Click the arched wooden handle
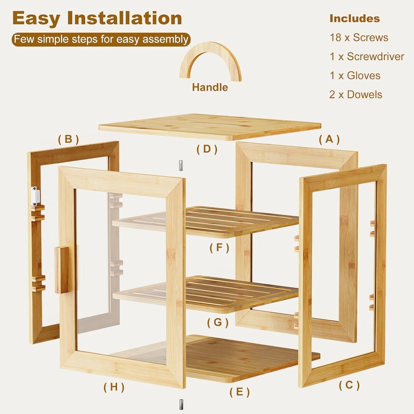coord(210,53)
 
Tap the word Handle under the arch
coord(210,87)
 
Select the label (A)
coord(329,139)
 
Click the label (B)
coord(68,139)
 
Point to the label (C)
coord(349,385)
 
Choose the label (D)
coord(207,149)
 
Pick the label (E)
coord(239,392)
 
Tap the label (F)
coord(220,247)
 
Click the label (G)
coord(218,323)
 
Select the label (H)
coord(114,387)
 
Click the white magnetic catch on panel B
coord(36,196)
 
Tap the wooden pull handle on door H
coord(62,270)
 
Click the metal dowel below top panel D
coord(181,166)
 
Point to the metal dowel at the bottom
coord(181,404)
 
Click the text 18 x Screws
coord(359,38)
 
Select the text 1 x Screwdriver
coord(367,57)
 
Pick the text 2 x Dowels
coord(355,95)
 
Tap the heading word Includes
coord(355,19)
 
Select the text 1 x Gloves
coord(355,76)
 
